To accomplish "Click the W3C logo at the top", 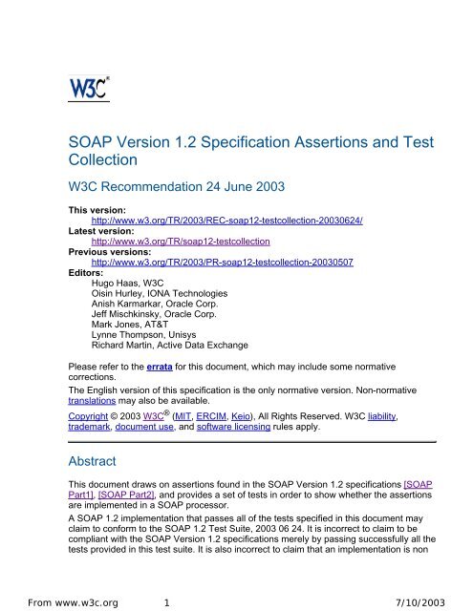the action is click(88, 88).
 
